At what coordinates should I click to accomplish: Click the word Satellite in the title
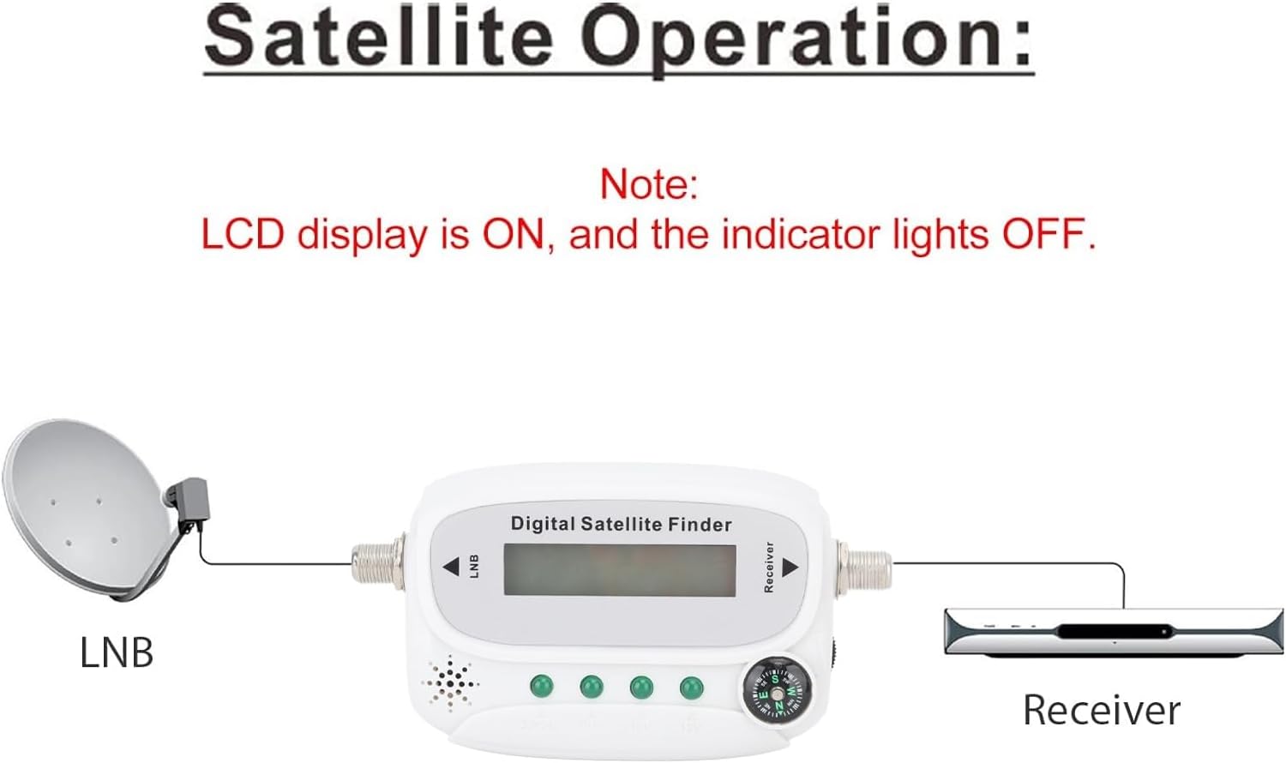pos(379,39)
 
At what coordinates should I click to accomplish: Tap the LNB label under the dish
pos(117,652)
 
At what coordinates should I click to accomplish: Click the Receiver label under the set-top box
pos(1102,710)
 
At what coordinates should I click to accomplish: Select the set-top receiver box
pos(1114,632)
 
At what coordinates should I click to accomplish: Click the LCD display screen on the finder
pos(620,569)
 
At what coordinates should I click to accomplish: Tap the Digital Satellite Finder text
pos(622,524)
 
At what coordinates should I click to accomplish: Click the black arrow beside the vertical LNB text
pos(451,567)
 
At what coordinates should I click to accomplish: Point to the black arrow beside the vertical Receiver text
pos(790,568)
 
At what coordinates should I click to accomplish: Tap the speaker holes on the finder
pos(450,684)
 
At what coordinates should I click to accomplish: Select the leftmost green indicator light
pos(541,686)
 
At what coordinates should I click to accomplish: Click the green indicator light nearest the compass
pos(691,688)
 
